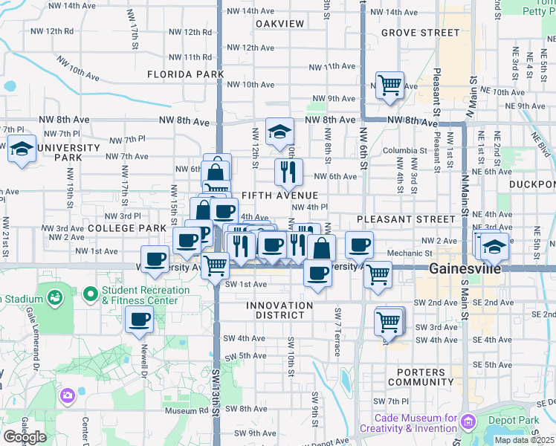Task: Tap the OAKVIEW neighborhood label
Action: [x=280, y=24]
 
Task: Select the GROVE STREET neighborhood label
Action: [x=420, y=33]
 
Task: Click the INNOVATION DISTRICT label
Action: [x=279, y=311]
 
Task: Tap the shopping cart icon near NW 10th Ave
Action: [x=389, y=85]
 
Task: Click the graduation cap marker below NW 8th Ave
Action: [x=280, y=132]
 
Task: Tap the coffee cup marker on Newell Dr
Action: [x=140, y=320]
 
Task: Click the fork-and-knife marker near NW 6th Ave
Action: [x=288, y=172]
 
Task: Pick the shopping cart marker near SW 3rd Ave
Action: [x=389, y=321]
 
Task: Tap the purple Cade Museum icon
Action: [x=468, y=423]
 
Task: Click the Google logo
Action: [x=25, y=436]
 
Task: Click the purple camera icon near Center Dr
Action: [x=68, y=395]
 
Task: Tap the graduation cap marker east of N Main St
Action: [x=494, y=245]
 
